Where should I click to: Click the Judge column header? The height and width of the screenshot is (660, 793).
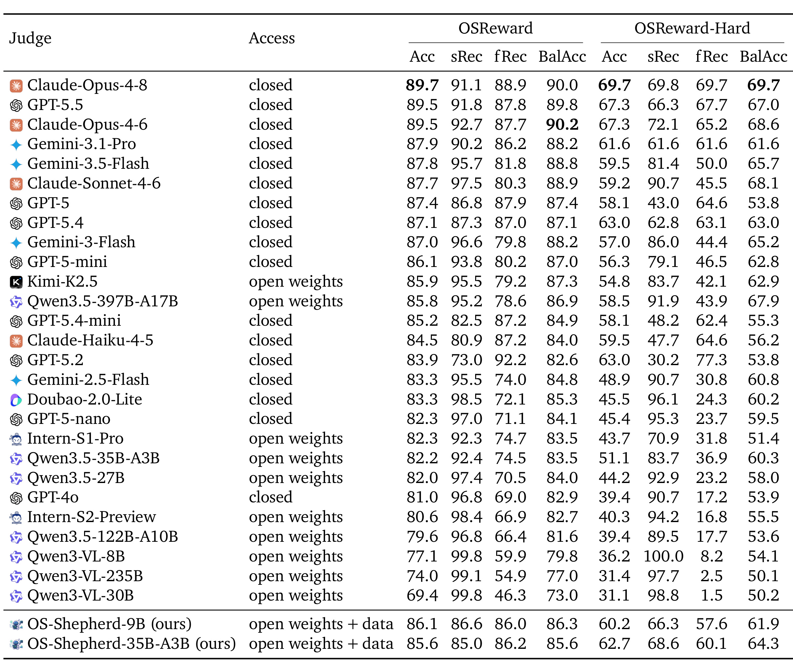[30, 38]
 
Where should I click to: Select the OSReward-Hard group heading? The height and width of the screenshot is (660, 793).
[692, 28]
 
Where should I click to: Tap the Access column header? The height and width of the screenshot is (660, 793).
[272, 38]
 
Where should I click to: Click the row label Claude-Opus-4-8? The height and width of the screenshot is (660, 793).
[87, 85]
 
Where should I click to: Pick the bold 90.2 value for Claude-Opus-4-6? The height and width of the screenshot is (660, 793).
[562, 124]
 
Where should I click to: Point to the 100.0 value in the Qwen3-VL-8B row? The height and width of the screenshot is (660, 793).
[663, 556]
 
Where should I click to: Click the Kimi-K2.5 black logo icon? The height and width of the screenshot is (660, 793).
[16, 282]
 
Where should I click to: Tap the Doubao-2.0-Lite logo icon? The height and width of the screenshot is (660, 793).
[16, 400]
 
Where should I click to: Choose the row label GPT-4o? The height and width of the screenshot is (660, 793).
[53, 497]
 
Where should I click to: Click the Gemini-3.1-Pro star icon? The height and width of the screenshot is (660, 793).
[16, 144]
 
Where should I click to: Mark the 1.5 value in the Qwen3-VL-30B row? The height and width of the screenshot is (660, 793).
[712, 595]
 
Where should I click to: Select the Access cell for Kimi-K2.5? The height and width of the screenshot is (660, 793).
[296, 282]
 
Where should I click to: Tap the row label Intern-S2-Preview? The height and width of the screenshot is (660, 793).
[91, 517]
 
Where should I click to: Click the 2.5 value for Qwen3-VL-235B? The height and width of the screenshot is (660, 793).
[712, 576]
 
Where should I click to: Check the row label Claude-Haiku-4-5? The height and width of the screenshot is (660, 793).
[90, 341]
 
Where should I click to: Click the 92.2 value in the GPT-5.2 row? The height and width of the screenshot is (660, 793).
[510, 360]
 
